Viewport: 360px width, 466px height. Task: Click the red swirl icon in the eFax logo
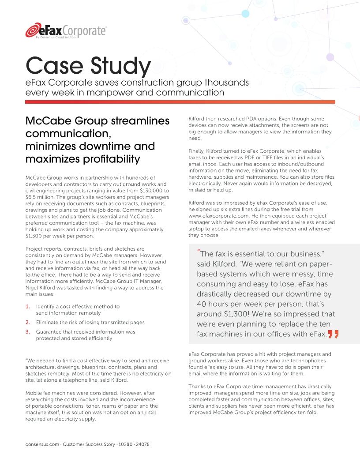pos(32,31)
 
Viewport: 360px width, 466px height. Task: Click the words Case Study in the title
pos(88,66)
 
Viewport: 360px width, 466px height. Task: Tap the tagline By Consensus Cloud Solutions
pos(56,38)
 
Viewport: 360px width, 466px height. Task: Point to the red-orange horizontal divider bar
pos(180,102)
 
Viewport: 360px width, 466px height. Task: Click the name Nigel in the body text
pos(33,288)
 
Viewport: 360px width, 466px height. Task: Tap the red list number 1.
pos(28,306)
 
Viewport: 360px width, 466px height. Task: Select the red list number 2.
pos(28,322)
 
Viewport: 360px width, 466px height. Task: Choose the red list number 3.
pos(28,332)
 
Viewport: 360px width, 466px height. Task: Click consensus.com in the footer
pos(42,444)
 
